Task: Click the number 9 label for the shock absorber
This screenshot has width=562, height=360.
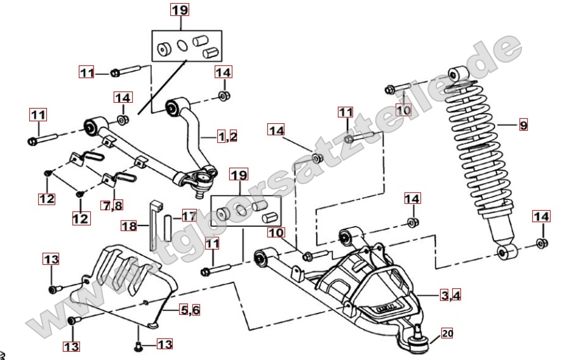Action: [x=523, y=125]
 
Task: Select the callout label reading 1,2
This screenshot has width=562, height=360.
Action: [x=227, y=136]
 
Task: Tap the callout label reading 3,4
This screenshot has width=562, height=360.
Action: [x=452, y=295]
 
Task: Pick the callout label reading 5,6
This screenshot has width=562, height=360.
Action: [x=190, y=310]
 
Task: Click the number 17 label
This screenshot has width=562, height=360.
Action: [x=189, y=216]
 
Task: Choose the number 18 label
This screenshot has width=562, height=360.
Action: [x=130, y=225]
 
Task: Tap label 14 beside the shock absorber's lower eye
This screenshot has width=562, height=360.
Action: [x=540, y=217]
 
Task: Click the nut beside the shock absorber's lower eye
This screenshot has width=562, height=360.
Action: [x=540, y=242]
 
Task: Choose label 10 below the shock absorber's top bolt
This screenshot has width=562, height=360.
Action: [x=404, y=109]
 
